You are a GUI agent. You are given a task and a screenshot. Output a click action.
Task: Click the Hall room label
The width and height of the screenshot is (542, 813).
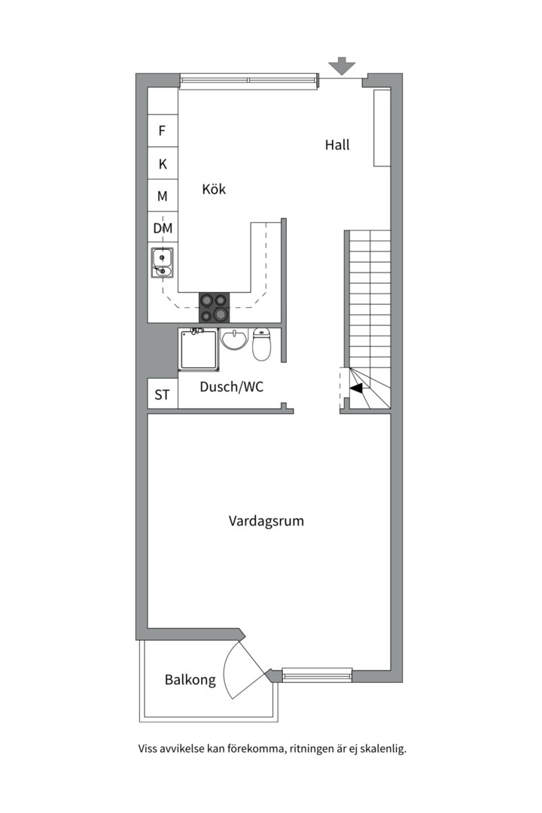(337, 145)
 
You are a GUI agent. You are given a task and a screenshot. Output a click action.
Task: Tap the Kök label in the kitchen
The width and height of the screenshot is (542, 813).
(214, 189)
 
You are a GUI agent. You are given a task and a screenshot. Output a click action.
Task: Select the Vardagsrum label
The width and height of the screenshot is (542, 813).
(266, 520)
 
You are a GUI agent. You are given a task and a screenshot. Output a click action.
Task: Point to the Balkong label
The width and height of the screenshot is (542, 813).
(190, 680)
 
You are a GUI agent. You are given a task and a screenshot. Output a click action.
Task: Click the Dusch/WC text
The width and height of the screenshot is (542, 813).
(231, 387)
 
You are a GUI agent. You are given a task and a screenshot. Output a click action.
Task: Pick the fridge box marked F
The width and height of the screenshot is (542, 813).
(162, 131)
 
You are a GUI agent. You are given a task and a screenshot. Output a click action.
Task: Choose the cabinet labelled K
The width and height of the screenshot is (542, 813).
(162, 163)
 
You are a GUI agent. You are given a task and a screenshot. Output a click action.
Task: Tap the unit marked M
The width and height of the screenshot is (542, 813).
(162, 196)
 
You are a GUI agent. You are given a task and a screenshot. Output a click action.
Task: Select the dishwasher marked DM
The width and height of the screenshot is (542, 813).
(163, 228)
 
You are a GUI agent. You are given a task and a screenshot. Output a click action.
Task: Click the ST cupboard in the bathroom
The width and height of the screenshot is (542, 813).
(162, 394)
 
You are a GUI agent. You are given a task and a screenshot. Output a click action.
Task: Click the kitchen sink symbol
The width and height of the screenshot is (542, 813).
(162, 262)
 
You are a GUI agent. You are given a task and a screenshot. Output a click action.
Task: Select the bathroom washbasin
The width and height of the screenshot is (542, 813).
(234, 340)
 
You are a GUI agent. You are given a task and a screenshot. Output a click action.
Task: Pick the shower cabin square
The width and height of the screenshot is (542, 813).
(199, 349)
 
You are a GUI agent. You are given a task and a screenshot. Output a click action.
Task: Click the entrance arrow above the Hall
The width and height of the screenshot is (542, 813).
(343, 66)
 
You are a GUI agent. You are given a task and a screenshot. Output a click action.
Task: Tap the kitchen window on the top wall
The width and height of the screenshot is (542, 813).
(248, 79)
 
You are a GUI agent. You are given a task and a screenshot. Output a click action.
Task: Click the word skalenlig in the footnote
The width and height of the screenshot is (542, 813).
(379, 749)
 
